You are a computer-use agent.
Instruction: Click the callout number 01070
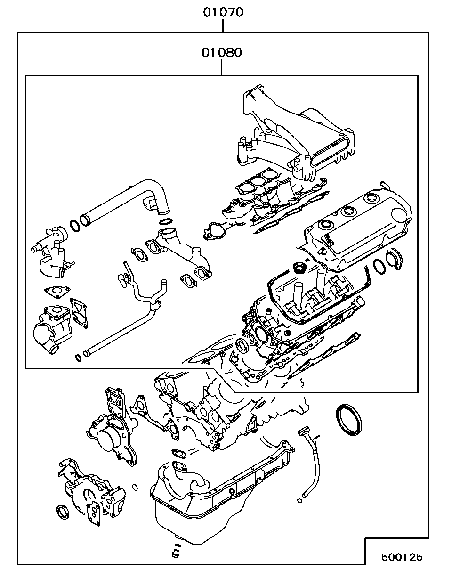[223, 12]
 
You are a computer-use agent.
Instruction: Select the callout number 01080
[222, 53]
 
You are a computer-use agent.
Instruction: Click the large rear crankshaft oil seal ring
[349, 420]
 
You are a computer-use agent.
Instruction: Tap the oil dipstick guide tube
[310, 463]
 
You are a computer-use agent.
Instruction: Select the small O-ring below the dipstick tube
[299, 501]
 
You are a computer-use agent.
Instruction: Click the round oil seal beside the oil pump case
[63, 512]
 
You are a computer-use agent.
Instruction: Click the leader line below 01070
[223, 26]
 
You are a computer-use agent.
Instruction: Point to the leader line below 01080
[222, 67]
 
